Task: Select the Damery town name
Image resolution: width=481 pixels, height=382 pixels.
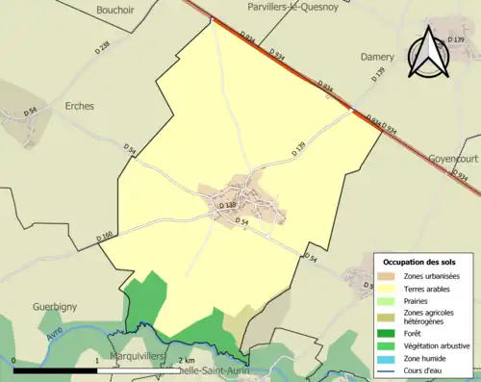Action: pyautogui.click(x=376, y=57)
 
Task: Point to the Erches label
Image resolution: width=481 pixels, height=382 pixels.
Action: pyautogui.click(x=79, y=106)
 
